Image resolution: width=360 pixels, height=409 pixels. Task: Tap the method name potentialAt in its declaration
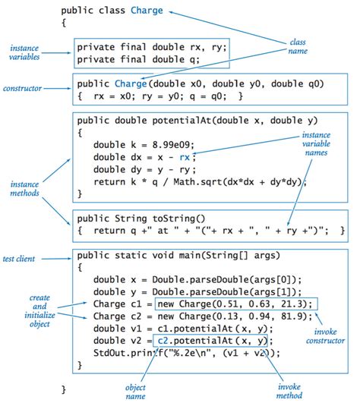[x=186, y=120]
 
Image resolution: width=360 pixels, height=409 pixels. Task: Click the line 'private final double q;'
[x=137, y=59]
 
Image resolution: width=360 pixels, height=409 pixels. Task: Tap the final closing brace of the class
[x=64, y=389]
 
